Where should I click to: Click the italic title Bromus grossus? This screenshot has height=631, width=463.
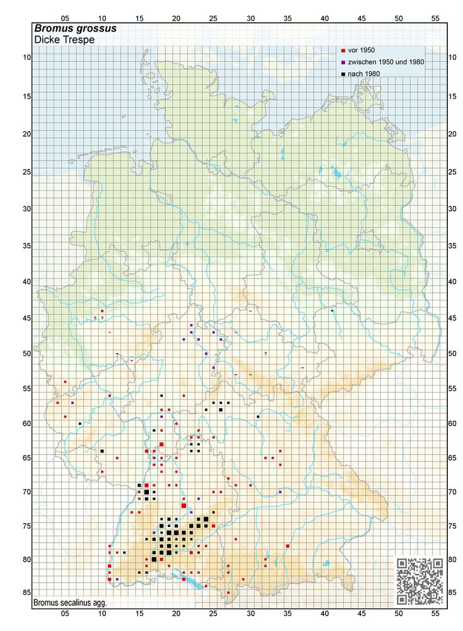pos(74,29)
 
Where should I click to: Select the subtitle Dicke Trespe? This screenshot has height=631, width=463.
pos(64,40)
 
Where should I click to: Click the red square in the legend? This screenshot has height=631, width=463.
pos(343,50)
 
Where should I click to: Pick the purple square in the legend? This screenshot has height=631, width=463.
pos(343,62)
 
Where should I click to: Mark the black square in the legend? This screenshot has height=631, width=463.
pos(343,74)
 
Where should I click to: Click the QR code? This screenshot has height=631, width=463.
pos(419,581)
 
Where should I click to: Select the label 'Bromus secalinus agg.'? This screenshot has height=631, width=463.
pos(71,603)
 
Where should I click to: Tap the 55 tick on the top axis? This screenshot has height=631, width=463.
pos(435,18)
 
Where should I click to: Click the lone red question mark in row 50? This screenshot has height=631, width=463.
pos(266,353)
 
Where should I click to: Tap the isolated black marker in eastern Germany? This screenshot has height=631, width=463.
pos(332,310)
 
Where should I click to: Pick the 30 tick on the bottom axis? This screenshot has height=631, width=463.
pos(250,613)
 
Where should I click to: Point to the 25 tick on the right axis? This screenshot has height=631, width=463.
pos(452,172)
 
